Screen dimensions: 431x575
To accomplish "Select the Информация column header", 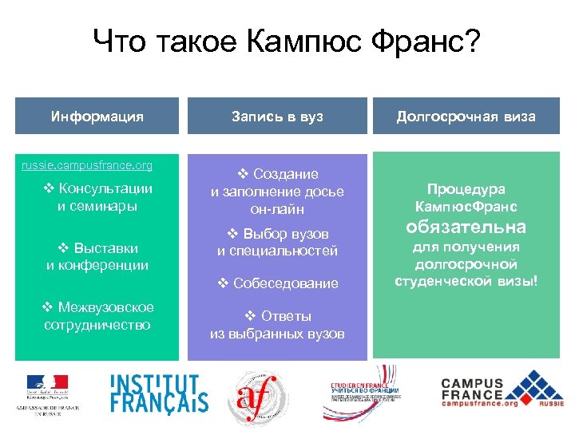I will (97, 117).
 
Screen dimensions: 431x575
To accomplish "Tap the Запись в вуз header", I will (277, 117).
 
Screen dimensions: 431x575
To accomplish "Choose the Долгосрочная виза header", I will (466, 117).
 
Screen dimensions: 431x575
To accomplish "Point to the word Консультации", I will (105, 188).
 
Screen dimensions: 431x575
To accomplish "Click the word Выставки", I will (105, 247).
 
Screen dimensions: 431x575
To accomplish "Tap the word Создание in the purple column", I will (285, 174).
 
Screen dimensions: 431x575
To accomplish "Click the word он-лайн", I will (277, 209).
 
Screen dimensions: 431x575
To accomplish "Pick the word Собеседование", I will (286, 283).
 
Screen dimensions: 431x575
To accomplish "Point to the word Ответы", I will (286, 316).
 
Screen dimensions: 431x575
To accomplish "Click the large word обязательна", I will (466, 227).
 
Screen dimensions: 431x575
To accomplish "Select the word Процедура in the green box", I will (466, 189).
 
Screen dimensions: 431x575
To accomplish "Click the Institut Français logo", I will (159, 393).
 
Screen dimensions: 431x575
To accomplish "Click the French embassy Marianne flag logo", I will (48, 388).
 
